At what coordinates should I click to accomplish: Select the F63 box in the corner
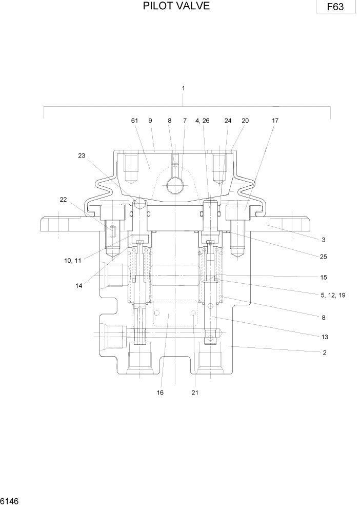(x=336, y=7)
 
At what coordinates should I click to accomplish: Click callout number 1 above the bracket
(x=183, y=88)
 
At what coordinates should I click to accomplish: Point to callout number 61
(x=135, y=121)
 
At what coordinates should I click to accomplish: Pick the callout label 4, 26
(x=202, y=121)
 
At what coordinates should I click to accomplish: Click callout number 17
(x=275, y=121)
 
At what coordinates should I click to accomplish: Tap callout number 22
(x=63, y=200)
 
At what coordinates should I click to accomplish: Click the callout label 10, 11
(x=72, y=261)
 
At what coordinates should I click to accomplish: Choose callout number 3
(x=324, y=240)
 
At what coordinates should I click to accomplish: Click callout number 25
(x=324, y=257)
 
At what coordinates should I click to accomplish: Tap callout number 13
(x=325, y=337)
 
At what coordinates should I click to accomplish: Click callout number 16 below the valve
(x=161, y=393)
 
